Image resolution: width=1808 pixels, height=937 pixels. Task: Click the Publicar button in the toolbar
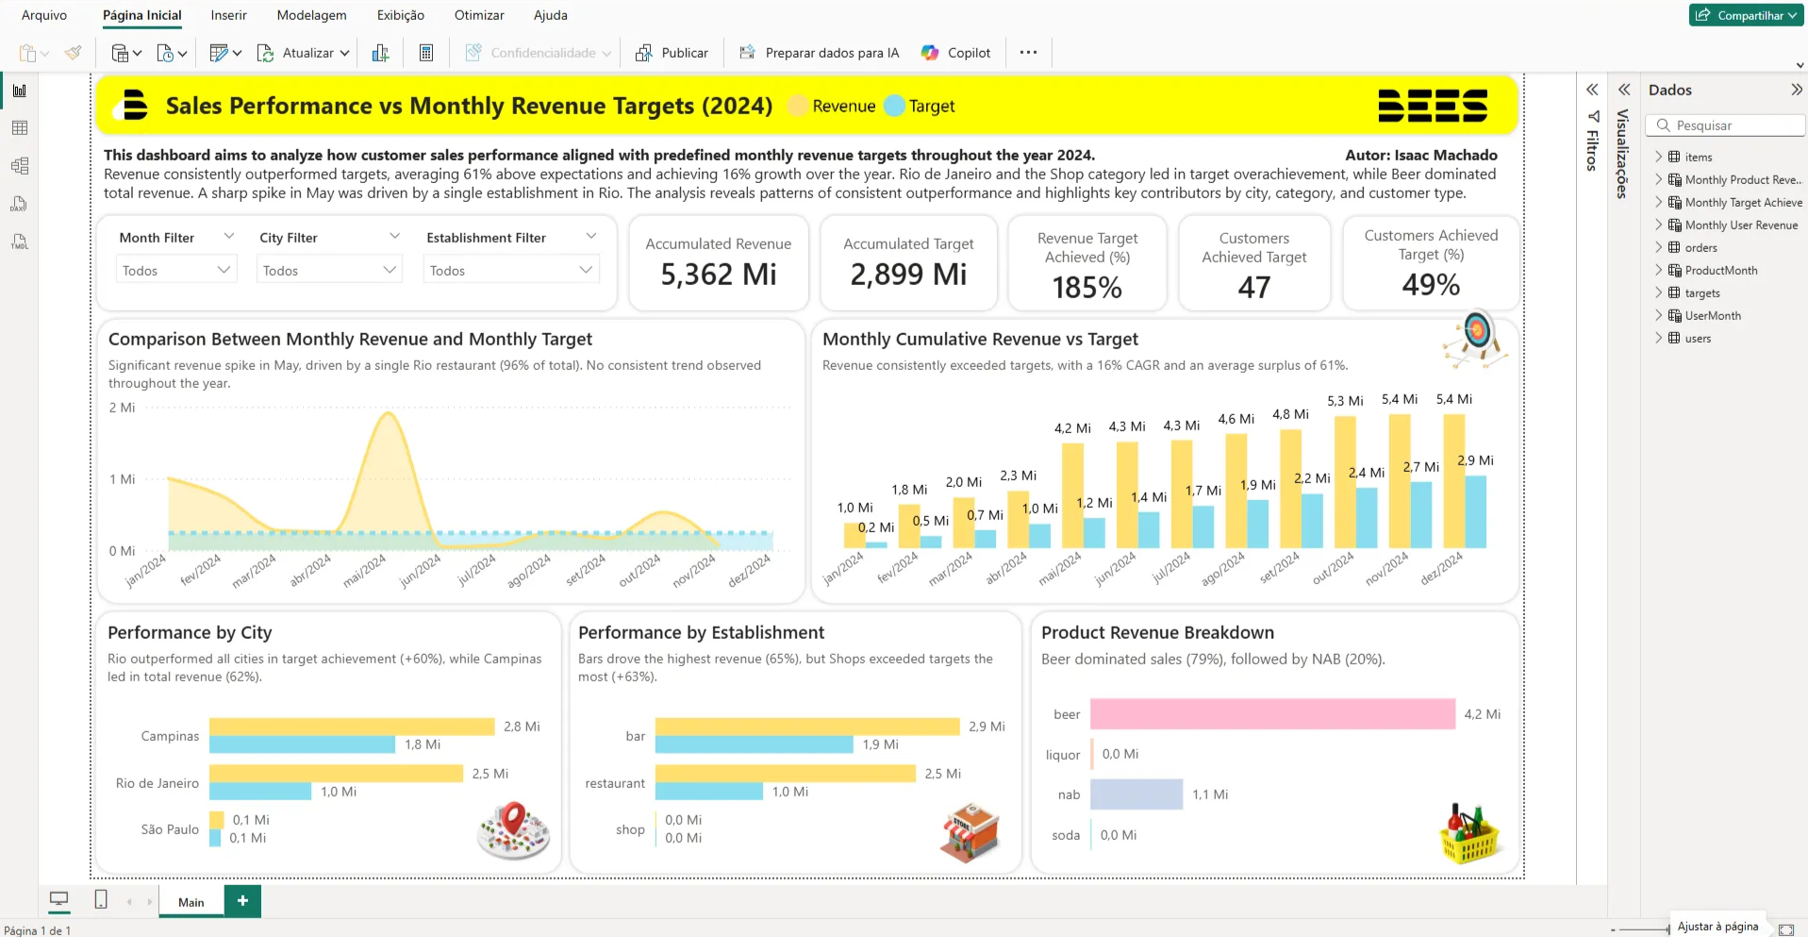pyautogui.click(x=672, y=53)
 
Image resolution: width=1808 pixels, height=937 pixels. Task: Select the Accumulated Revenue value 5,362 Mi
pyautogui.click(x=718, y=275)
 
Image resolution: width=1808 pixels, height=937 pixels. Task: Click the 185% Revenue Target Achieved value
pyautogui.click(x=1086, y=288)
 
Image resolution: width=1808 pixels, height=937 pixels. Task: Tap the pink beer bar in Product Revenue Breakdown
pyautogui.click(x=1271, y=714)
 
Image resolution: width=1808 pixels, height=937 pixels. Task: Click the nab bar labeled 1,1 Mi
pyautogui.click(x=1136, y=795)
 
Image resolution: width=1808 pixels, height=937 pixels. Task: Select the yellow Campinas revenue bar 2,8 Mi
pyautogui.click(x=351, y=727)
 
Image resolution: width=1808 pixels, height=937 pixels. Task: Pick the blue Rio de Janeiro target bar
pyautogui.click(x=260, y=792)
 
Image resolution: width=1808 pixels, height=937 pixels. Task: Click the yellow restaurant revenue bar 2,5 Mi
pyautogui.click(x=785, y=774)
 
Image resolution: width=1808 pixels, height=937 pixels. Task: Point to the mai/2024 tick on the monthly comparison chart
pyautogui.click(x=365, y=571)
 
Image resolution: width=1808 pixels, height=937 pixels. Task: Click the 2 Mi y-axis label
pyautogui.click(x=122, y=408)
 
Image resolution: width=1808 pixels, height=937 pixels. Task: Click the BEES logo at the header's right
pyautogui.click(x=1432, y=106)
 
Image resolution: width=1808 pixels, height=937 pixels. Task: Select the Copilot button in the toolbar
pyautogui.click(x=956, y=53)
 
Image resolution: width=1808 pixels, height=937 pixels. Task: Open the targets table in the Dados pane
pyautogui.click(x=1701, y=293)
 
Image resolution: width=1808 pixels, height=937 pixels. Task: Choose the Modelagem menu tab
pyautogui.click(x=311, y=15)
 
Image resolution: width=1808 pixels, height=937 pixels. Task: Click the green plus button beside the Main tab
pyautogui.click(x=242, y=901)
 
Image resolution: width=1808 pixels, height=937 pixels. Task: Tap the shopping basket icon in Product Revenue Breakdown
pyautogui.click(x=1468, y=834)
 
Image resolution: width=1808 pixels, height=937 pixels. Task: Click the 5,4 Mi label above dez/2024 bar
pyautogui.click(x=1453, y=399)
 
